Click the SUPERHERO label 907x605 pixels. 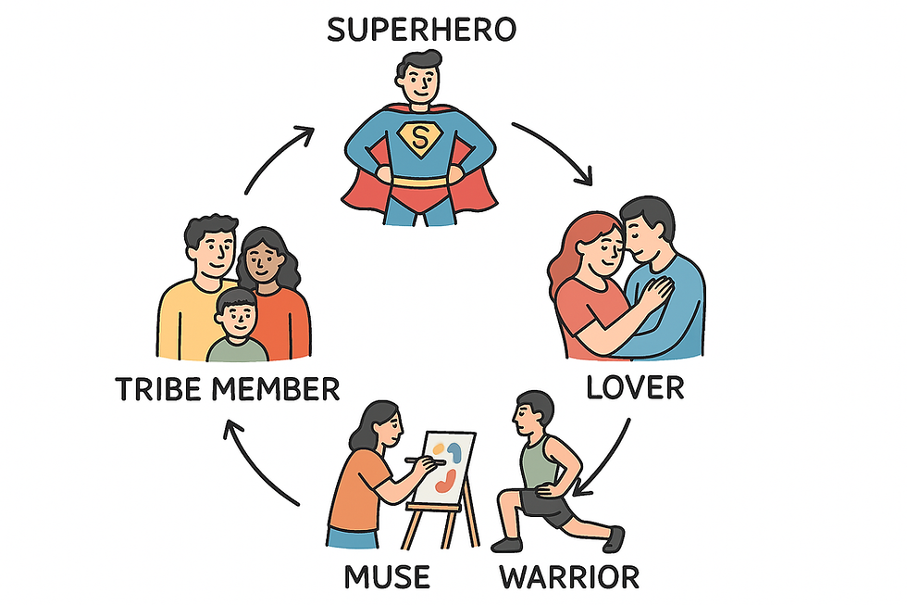click(x=421, y=29)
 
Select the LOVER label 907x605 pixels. click(x=635, y=386)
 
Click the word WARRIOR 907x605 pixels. click(x=569, y=577)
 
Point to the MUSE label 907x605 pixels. click(x=387, y=577)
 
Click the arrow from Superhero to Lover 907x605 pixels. click(x=555, y=150)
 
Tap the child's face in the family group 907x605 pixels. click(x=237, y=318)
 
